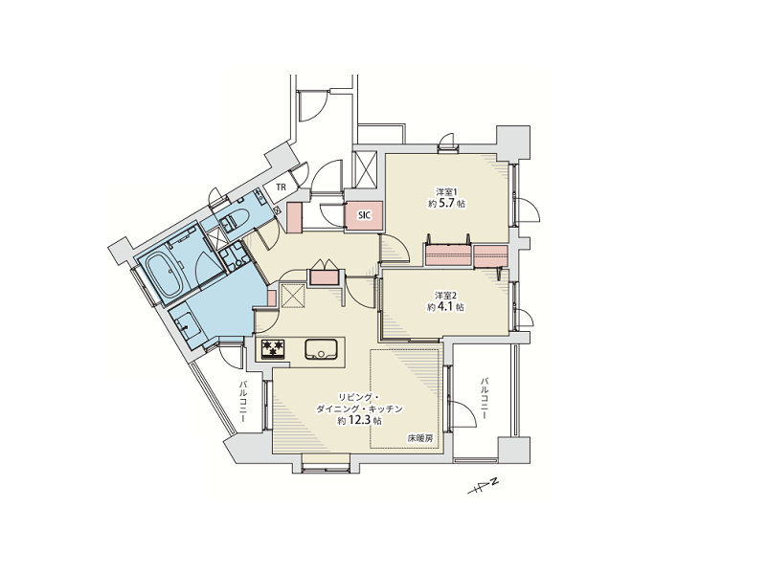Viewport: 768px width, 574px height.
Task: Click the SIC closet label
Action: click(x=365, y=215)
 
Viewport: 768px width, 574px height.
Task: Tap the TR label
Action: click(x=281, y=187)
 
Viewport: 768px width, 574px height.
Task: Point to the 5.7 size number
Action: click(x=446, y=204)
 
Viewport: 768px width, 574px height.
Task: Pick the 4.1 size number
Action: click(x=445, y=307)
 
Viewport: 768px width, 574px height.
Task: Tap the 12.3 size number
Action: click(x=359, y=420)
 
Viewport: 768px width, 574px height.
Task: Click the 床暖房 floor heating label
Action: click(x=420, y=438)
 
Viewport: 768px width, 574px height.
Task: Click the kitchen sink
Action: click(x=321, y=349)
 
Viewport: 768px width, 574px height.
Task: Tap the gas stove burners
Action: click(x=274, y=349)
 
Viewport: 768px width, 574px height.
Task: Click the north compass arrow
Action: click(x=483, y=485)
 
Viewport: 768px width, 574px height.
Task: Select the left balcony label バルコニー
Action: click(x=242, y=403)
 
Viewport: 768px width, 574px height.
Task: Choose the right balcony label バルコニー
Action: click(x=484, y=397)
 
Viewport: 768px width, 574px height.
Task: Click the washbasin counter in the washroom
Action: click(x=185, y=324)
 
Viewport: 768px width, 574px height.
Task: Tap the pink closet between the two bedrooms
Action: click(x=466, y=255)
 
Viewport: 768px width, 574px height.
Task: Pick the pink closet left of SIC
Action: click(x=294, y=216)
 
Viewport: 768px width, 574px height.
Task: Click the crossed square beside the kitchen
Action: click(x=293, y=295)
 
